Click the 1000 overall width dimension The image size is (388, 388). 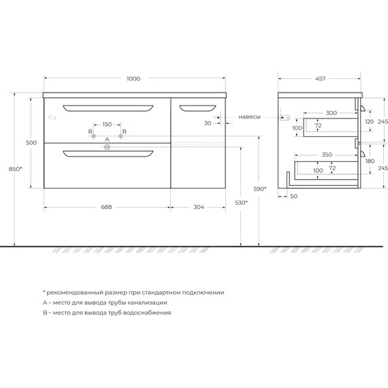(133, 79)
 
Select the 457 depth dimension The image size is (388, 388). (320, 79)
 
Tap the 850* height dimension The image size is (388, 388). (16, 169)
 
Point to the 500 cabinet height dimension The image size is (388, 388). (31, 142)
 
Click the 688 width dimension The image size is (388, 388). (106, 207)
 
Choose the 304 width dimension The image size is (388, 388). (199, 207)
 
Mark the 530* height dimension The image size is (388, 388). (241, 203)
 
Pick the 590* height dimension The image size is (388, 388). (260, 189)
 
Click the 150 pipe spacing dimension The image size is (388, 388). (107, 124)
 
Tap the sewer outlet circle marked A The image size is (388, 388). (107, 147)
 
